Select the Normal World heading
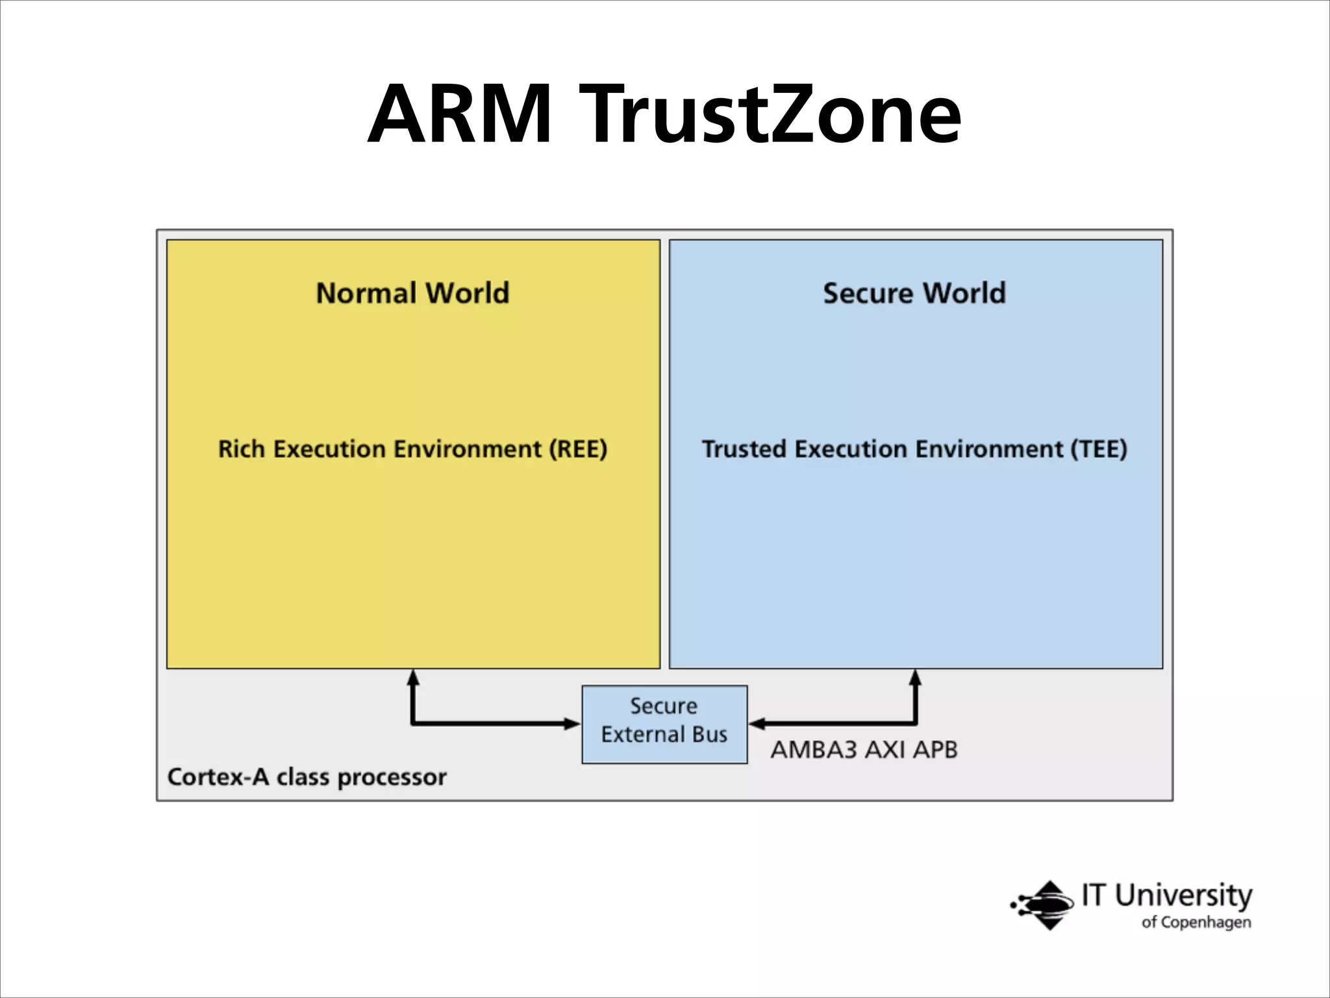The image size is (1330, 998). (412, 293)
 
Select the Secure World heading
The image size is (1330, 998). (914, 293)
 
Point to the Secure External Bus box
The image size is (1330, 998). (664, 724)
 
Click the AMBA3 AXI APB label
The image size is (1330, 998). (864, 750)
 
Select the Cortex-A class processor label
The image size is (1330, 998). (307, 777)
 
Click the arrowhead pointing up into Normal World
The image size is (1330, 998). (412, 677)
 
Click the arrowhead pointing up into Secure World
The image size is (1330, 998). (915, 677)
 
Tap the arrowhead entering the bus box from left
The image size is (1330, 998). (572, 723)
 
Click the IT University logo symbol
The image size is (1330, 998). (1044, 904)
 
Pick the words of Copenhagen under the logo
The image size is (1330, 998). (1196, 922)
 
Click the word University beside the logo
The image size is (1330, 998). (1183, 895)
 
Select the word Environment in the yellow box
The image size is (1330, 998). (468, 449)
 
